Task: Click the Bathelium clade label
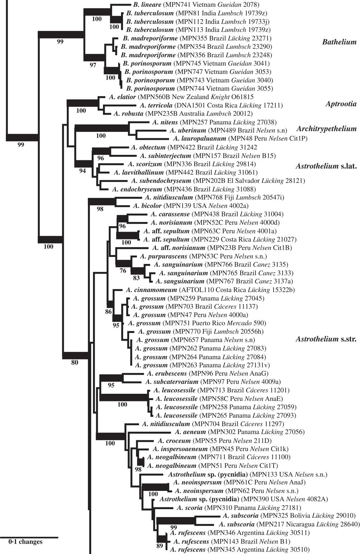(339, 42)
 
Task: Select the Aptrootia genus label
(341, 104)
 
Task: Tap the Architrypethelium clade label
(327, 129)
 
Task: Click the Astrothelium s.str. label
(325, 339)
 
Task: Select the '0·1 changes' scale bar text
(25, 542)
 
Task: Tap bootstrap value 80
(75, 362)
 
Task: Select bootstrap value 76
(123, 271)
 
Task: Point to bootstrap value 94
(82, 171)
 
